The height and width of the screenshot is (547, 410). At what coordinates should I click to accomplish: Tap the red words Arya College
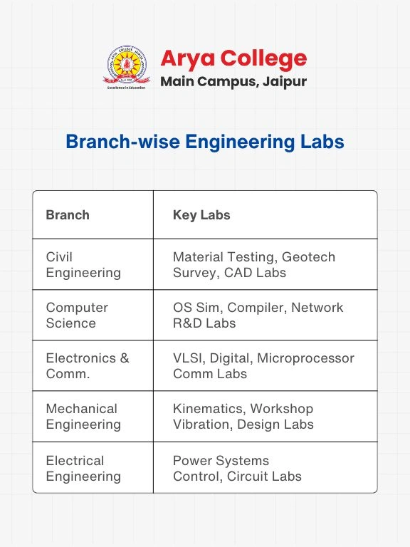pyautogui.click(x=233, y=58)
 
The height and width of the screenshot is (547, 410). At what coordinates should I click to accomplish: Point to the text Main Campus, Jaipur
pyautogui.click(x=233, y=81)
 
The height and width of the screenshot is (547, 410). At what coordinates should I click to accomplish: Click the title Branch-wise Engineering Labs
pyautogui.click(x=205, y=142)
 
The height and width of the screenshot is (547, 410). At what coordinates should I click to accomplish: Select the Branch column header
pyautogui.click(x=68, y=214)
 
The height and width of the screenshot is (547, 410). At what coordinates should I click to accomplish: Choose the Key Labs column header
pyautogui.click(x=201, y=214)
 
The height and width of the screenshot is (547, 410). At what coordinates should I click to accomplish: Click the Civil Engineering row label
pyautogui.click(x=83, y=264)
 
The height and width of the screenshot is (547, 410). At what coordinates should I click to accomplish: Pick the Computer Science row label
pyautogui.click(x=77, y=315)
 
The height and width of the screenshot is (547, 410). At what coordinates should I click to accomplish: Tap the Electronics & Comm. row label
pyautogui.click(x=88, y=365)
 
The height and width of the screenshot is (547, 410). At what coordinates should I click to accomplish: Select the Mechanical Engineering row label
pyautogui.click(x=83, y=416)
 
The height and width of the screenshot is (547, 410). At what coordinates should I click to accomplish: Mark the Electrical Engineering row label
pyautogui.click(x=83, y=468)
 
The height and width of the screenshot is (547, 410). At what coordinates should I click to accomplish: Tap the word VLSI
pyautogui.click(x=188, y=358)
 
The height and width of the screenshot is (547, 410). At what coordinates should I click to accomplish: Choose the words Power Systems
pyautogui.click(x=221, y=460)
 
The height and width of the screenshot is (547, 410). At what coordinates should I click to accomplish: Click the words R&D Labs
pyautogui.click(x=204, y=323)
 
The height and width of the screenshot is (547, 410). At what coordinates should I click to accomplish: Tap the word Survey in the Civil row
pyautogui.click(x=193, y=272)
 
